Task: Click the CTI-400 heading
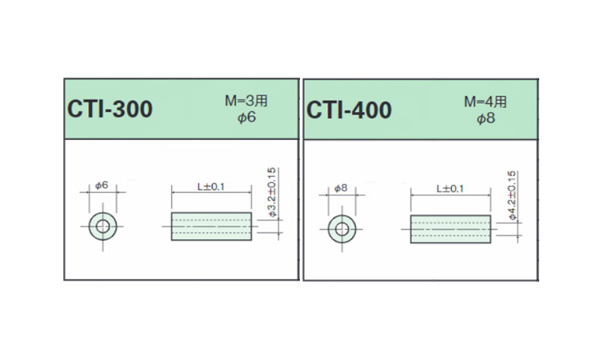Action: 349,110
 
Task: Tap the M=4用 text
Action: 486,102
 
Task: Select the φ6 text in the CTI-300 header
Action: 246,118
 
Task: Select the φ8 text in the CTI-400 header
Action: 486,118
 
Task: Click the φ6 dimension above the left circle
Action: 102,185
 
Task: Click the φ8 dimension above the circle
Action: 340,188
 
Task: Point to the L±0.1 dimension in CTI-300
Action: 211,186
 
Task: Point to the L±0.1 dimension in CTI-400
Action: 450,188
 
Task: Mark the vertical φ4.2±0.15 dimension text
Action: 510,196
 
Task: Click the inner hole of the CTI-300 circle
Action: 102,226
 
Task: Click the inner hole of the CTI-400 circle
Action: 342,230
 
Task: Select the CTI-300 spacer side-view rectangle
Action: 212,226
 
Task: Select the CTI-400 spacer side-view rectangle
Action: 450,229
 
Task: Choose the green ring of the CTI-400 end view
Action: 332,230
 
